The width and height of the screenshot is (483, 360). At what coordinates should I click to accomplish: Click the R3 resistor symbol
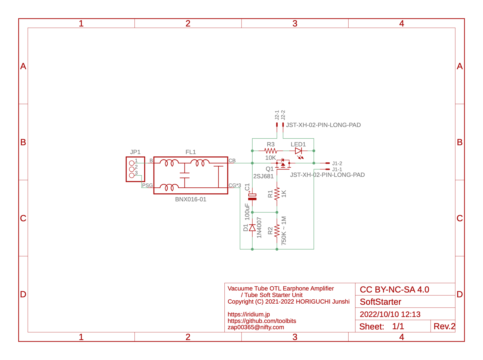pos(271,151)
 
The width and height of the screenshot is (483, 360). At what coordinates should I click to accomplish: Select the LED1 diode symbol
pos(298,151)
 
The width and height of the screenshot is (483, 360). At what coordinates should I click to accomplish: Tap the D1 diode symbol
pos(252,228)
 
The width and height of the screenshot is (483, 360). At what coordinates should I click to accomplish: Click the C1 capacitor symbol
pos(252,197)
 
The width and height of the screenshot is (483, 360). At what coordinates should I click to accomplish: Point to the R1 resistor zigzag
pos(277,194)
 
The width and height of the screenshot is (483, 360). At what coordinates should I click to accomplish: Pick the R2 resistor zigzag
pos(277,231)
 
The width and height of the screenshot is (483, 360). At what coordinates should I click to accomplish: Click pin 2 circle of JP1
pos(132,169)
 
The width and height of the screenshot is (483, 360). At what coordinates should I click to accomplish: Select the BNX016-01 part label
pos(191,199)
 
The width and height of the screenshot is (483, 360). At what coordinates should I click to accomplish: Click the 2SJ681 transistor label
pos(263,176)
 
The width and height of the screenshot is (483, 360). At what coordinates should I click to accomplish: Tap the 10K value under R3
pos(271,158)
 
